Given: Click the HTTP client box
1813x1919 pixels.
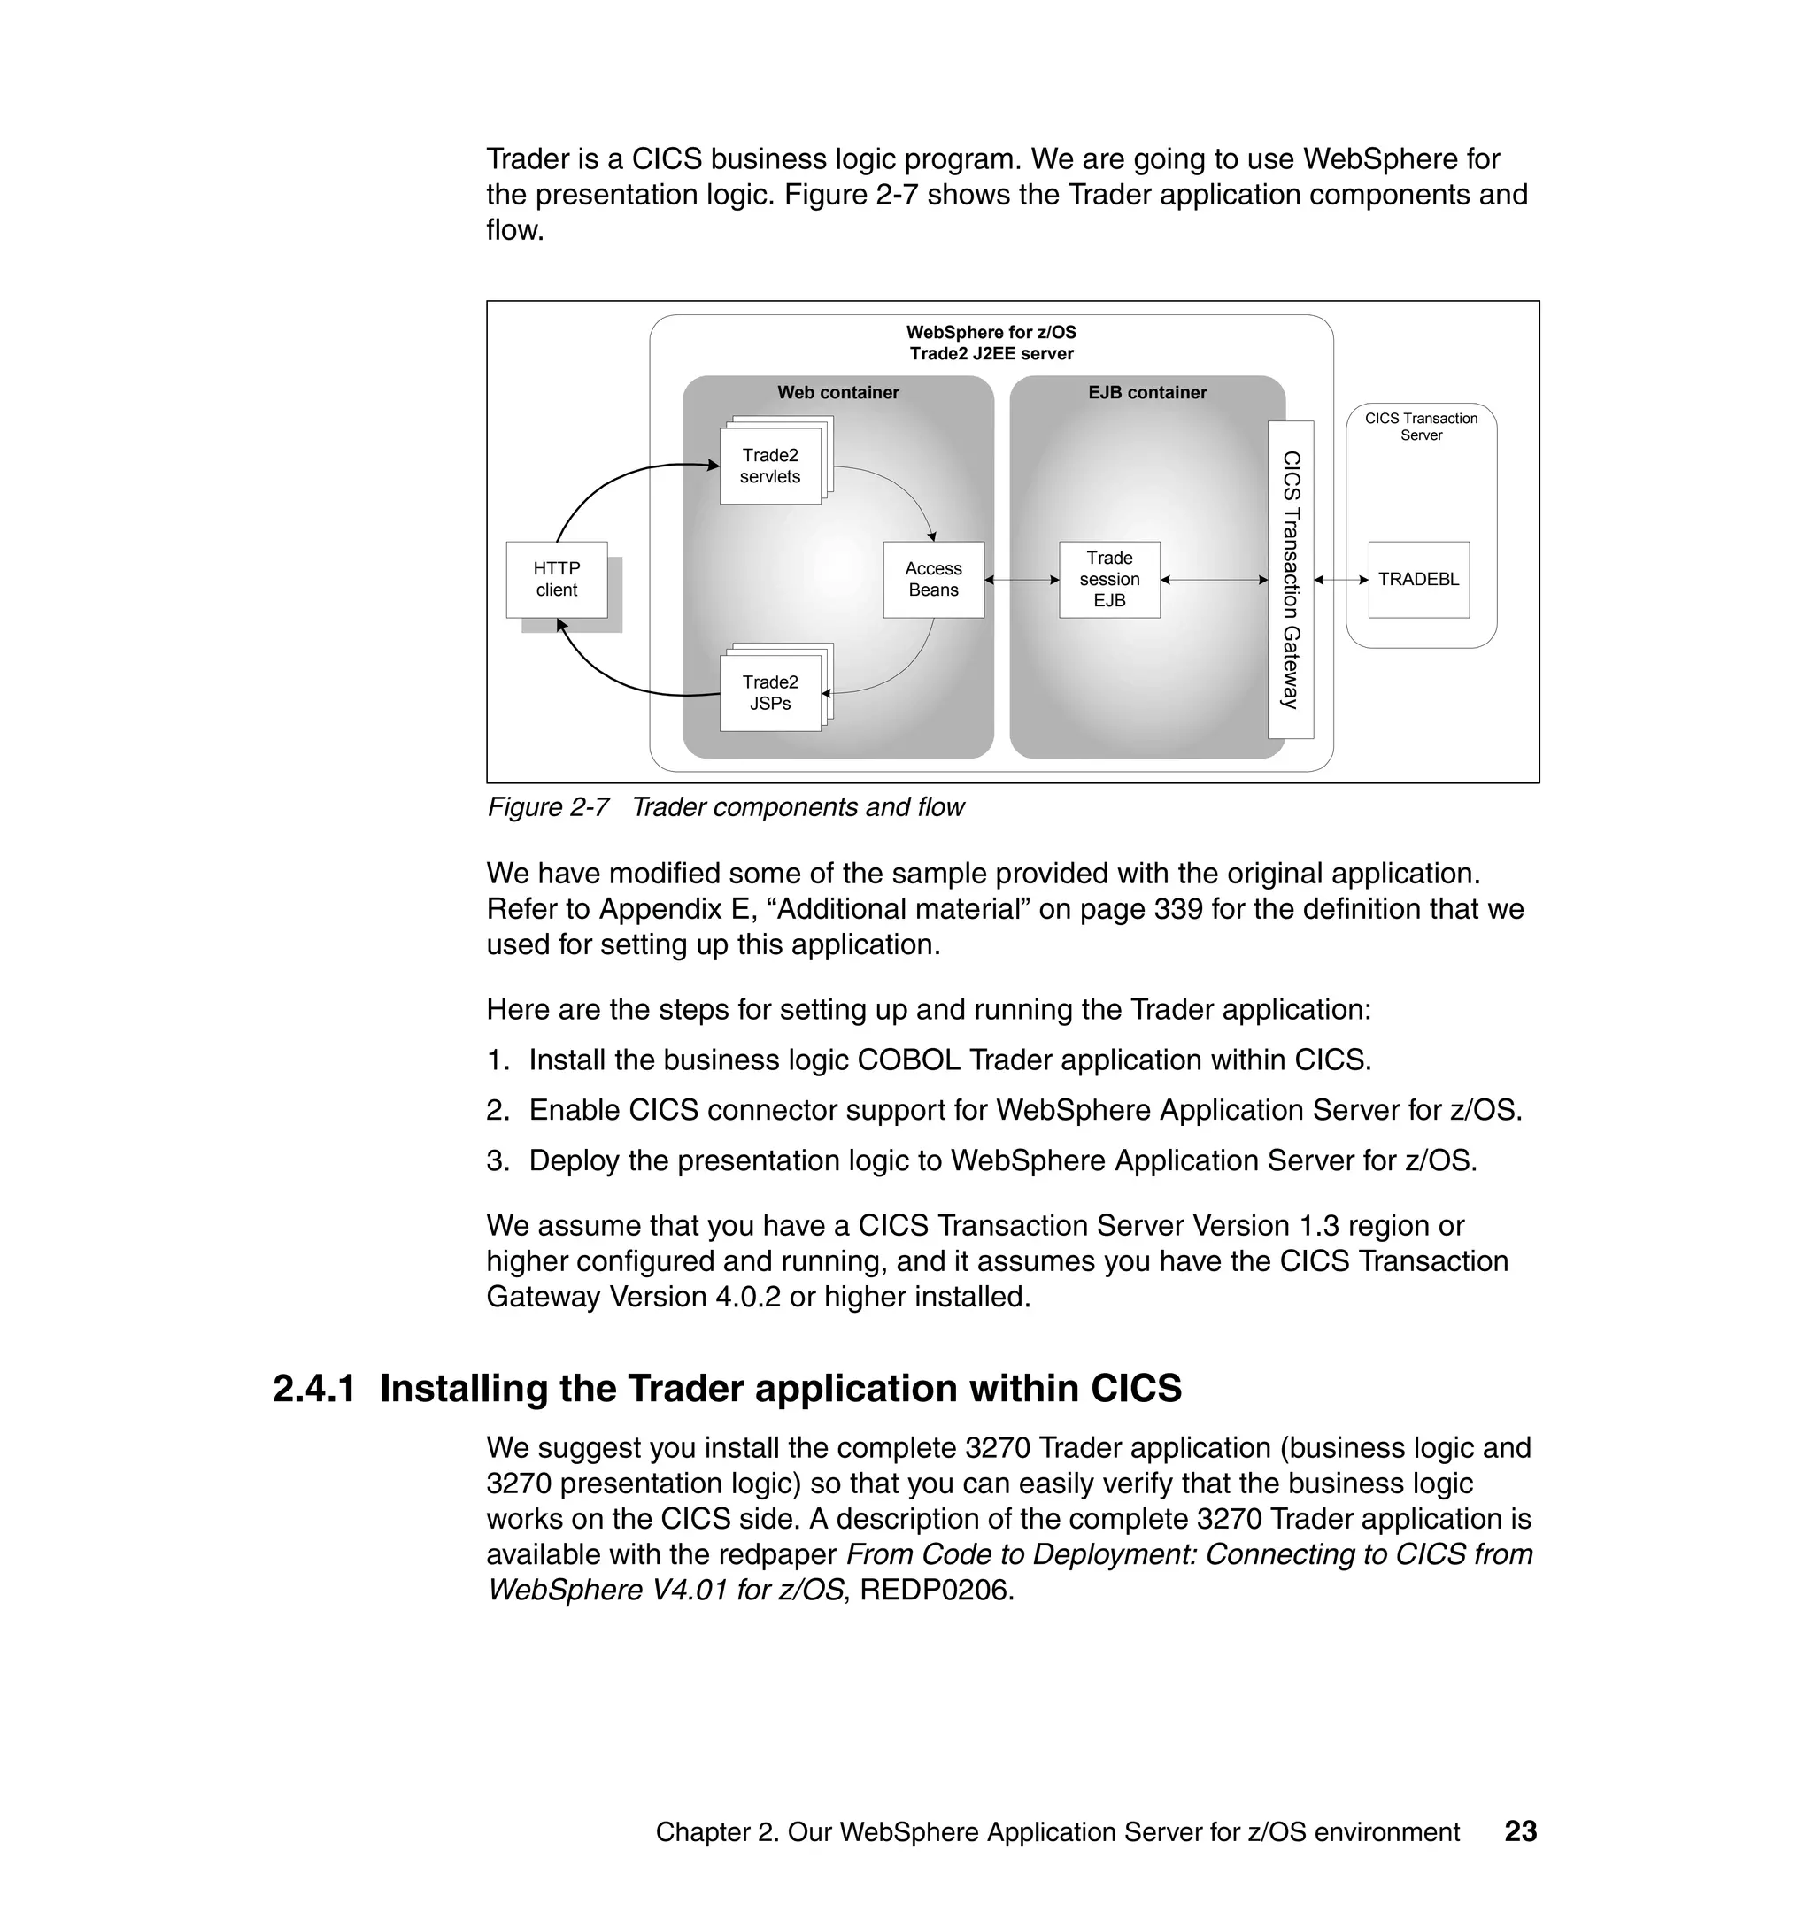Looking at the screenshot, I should tap(557, 580).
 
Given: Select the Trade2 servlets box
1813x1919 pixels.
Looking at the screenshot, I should tap(769, 466).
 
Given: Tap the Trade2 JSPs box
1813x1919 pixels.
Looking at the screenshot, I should tap(769, 693).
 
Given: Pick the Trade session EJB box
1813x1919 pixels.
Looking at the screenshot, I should tap(1108, 580).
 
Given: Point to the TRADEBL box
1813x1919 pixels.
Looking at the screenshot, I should tap(1418, 580).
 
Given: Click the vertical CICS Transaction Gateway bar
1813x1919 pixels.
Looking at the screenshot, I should tap(1290, 580).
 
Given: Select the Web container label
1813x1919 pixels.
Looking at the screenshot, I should tap(837, 392).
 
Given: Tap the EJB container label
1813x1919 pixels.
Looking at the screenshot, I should tap(1146, 392).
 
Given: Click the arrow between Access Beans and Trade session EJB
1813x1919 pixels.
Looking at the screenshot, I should tap(1022, 580).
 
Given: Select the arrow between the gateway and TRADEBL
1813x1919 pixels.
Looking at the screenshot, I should tap(1340, 580).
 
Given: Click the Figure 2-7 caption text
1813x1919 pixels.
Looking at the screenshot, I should tap(725, 807).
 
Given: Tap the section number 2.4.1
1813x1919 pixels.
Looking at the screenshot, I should tap(313, 1390).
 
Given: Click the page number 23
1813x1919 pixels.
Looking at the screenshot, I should tap(1520, 1831).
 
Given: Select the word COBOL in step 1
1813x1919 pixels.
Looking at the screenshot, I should tap(908, 1060).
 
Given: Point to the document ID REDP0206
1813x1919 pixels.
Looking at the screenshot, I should tap(936, 1590).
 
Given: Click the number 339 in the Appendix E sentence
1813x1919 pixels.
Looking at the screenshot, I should tap(1178, 909).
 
